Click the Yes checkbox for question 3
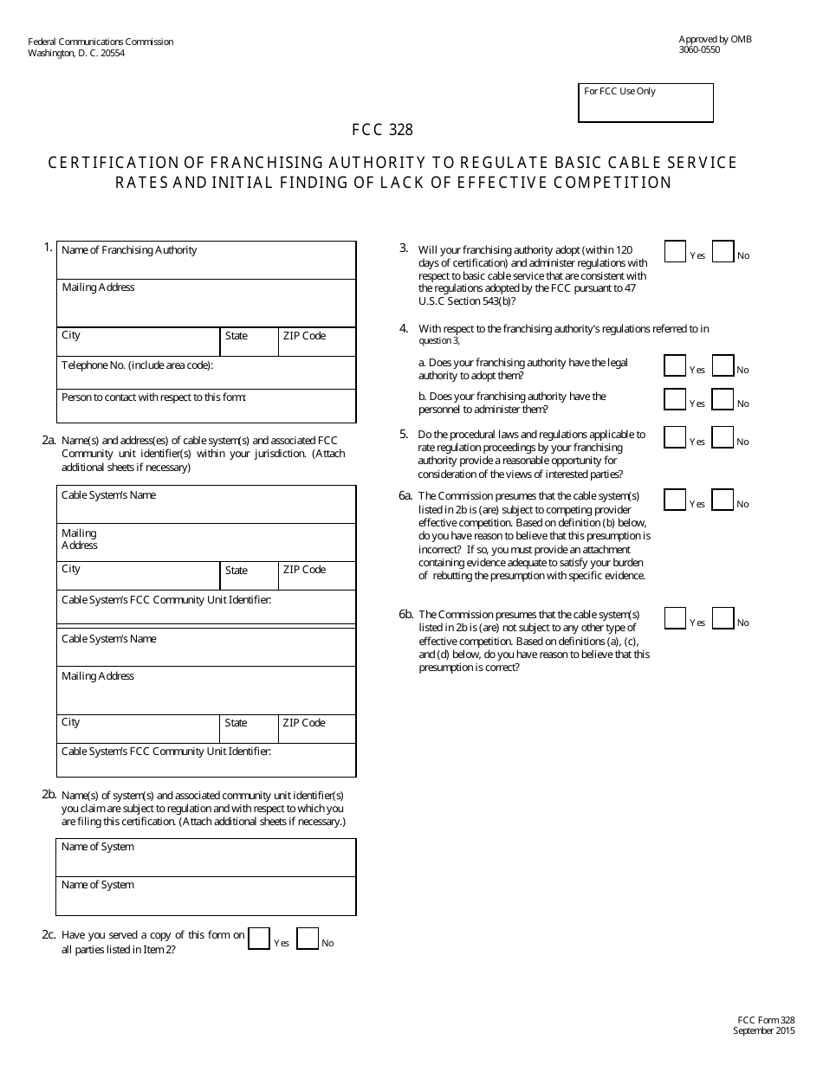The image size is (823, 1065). click(675, 251)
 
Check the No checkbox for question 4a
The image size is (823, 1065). click(723, 365)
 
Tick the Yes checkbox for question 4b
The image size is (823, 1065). click(675, 399)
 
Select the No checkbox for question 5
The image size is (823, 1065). click(723, 437)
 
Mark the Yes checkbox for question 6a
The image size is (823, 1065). click(675, 500)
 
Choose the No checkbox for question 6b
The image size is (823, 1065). click(723, 618)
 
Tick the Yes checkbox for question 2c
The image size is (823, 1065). click(259, 939)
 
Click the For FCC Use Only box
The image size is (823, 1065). click(645, 103)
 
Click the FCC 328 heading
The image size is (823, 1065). click(382, 131)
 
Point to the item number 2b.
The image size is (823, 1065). click(49, 794)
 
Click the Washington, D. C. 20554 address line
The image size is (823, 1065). click(76, 53)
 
